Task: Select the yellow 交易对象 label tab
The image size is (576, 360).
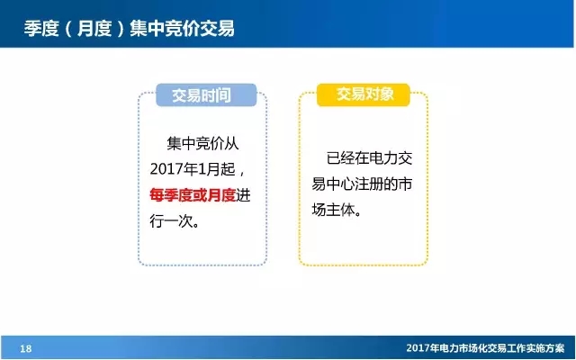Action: (x=364, y=94)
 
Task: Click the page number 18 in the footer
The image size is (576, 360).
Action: (x=25, y=348)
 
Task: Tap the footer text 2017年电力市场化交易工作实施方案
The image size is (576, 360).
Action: (x=487, y=348)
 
